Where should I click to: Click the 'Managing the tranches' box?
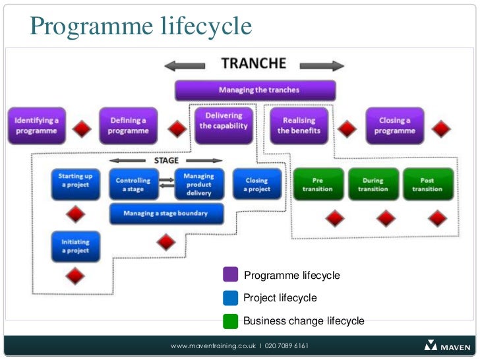click(x=255, y=90)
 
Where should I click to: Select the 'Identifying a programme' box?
click(x=37, y=125)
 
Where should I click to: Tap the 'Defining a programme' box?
click(x=129, y=125)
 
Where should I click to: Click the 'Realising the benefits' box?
click(x=299, y=125)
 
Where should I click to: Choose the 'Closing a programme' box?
click(x=394, y=125)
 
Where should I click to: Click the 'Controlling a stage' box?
click(x=134, y=185)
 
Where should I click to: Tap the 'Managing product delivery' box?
click(x=198, y=185)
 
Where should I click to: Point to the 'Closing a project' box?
click(x=256, y=185)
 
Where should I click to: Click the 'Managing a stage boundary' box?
click(x=165, y=214)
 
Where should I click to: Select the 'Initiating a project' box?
click(x=75, y=247)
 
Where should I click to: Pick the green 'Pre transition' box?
click(x=318, y=185)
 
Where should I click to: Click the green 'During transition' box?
click(x=373, y=185)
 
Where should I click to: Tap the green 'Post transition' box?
click(x=427, y=185)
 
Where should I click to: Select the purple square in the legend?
click(x=231, y=274)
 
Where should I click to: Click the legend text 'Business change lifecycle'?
click(x=303, y=321)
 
